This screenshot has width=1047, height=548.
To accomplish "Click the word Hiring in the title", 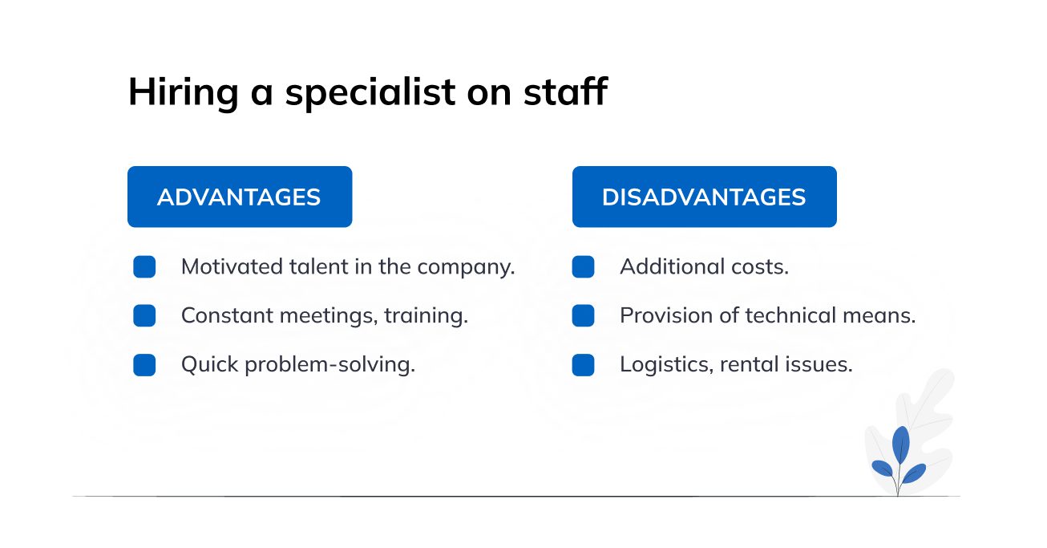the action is [184, 93].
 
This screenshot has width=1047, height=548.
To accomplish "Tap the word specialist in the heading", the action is [370, 93].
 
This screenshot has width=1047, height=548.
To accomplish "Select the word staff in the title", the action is [565, 91].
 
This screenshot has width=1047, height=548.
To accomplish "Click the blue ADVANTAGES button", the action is [240, 197].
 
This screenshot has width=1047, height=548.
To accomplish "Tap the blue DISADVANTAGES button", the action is [705, 197].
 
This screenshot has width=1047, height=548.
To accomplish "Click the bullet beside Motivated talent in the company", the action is [144, 266].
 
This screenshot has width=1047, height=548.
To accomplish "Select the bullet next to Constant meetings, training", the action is [144, 315].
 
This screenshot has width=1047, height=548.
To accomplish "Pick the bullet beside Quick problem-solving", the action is [144, 364].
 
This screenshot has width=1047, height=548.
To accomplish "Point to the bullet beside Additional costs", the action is [584, 266].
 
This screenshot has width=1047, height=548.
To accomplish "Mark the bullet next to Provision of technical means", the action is [584, 315].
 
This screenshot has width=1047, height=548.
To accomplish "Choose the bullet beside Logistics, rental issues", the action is [584, 364].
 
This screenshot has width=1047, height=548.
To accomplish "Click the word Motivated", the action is [232, 266].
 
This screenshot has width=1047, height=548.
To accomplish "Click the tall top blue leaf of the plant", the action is [901, 444].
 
